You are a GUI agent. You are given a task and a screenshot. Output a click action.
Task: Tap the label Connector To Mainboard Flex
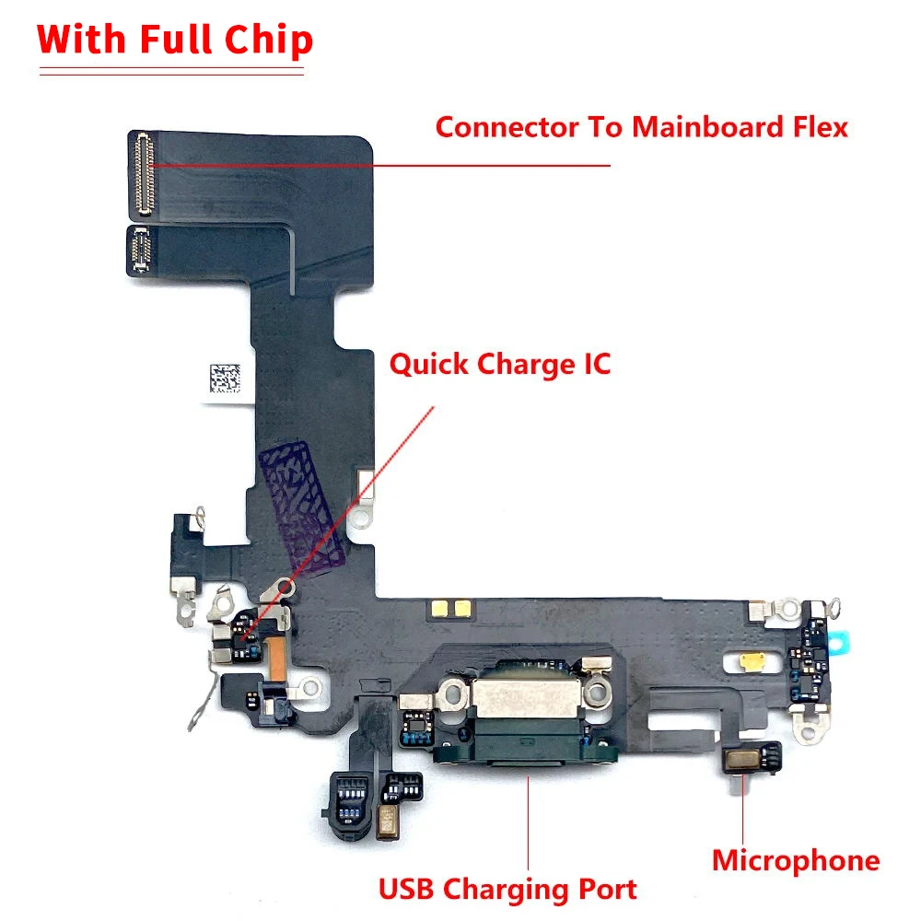pyautogui.click(x=641, y=126)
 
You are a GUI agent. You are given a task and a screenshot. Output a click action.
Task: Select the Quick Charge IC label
pyautogui.click(x=500, y=364)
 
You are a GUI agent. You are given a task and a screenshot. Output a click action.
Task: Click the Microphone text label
pyautogui.click(x=796, y=860)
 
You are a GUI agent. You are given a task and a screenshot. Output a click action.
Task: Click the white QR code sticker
pyautogui.click(x=223, y=379)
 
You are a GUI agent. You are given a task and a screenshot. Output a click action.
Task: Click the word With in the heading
pyautogui.click(x=78, y=39)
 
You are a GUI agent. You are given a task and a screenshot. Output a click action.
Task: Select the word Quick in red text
pyautogui.click(x=428, y=364)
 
